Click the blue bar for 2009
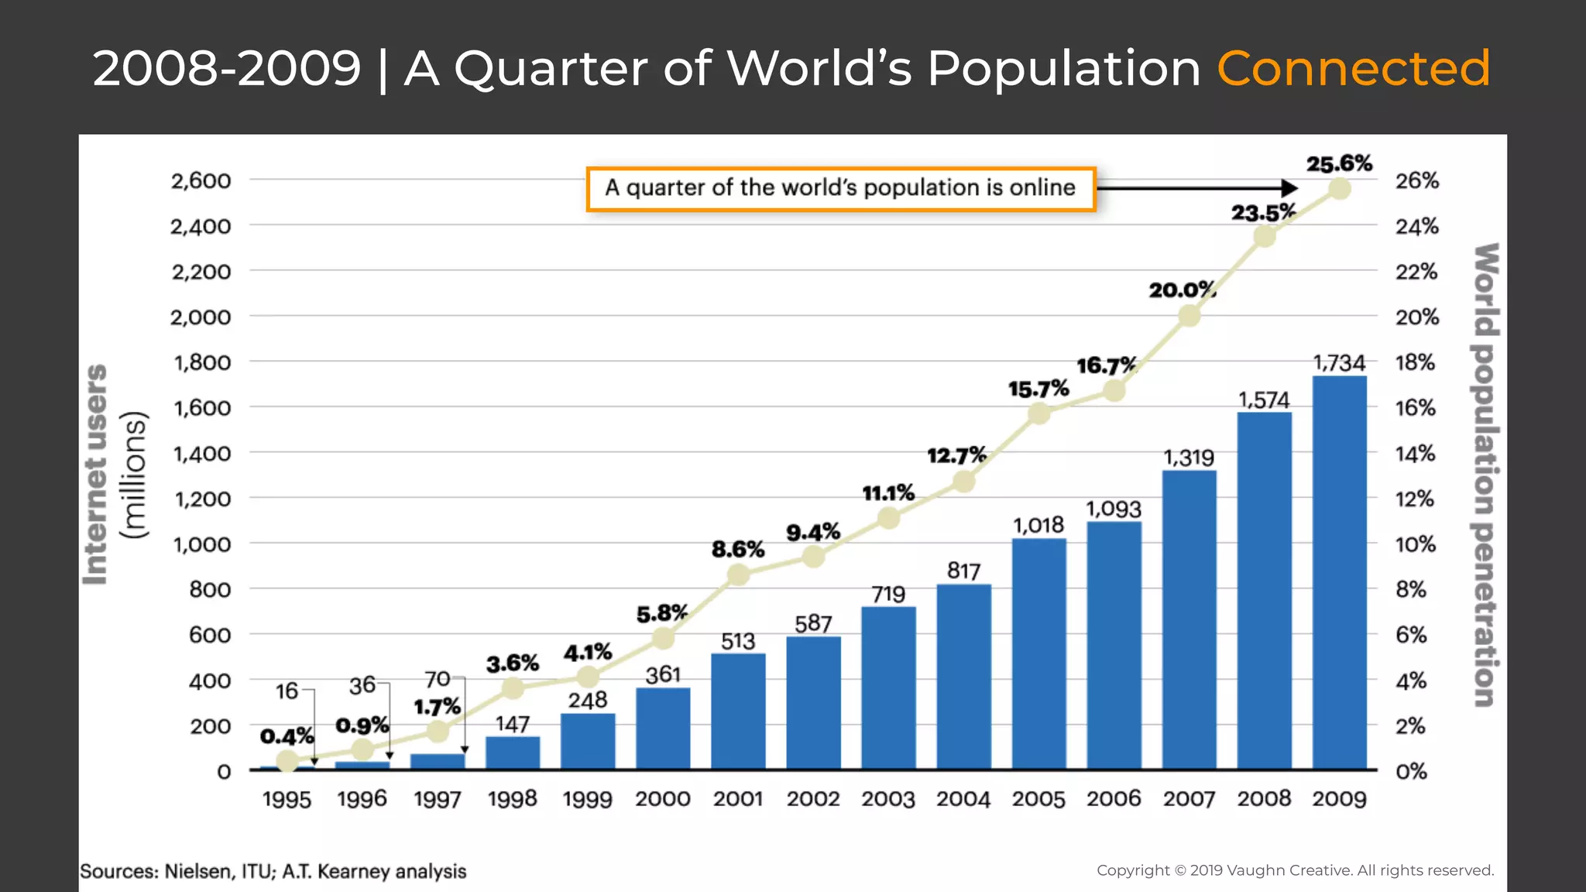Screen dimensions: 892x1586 pyautogui.click(x=1339, y=573)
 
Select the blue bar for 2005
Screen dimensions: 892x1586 pyautogui.click(x=1038, y=654)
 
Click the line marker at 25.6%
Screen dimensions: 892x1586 pyautogui.click(x=1339, y=189)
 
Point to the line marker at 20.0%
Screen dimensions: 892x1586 pyautogui.click(x=1189, y=316)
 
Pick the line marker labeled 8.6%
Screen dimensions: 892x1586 pyautogui.click(x=738, y=575)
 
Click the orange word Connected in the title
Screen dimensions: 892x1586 pyautogui.click(x=1353, y=68)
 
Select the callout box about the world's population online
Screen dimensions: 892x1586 pyautogui.click(x=840, y=188)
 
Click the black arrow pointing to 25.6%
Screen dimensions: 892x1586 pyautogui.click(x=1196, y=188)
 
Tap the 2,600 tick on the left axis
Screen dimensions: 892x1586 pyautogui.click(x=201, y=180)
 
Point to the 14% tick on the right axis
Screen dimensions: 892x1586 pyautogui.click(x=1416, y=454)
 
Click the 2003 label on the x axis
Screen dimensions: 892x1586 pyautogui.click(x=888, y=798)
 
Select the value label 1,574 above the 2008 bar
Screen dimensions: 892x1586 pyautogui.click(x=1264, y=400)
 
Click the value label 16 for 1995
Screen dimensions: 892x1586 pyautogui.click(x=287, y=690)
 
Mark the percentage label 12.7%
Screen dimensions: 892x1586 pyautogui.click(x=956, y=455)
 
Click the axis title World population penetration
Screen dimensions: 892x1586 pyautogui.click(x=1485, y=474)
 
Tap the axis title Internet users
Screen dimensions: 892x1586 pyautogui.click(x=97, y=474)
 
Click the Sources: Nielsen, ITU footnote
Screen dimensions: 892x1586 pyautogui.click(x=273, y=871)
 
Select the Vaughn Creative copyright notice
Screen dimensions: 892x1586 pyautogui.click(x=1295, y=870)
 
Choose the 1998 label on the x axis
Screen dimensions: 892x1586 pyautogui.click(x=512, y=798)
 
